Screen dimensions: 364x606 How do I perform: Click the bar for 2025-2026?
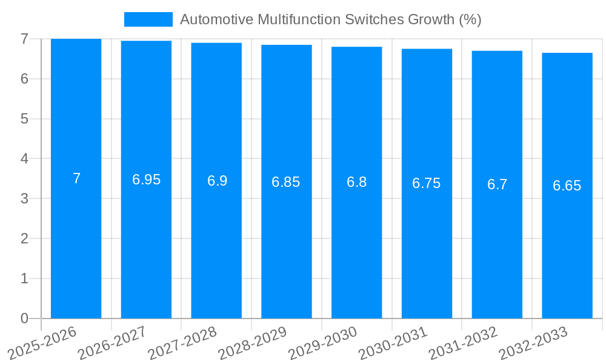pyautogui.click(x=76, y=243)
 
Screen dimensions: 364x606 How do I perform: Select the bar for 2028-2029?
pyautogui.click(x=287, y=243)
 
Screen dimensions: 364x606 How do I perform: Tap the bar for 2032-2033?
pyautogui.click(x=567, y=243)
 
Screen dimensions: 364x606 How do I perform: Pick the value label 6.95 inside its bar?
pyautogui.click(x=147, y=180)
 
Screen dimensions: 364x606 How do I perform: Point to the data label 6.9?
pyautogui.click(x=217, y=181)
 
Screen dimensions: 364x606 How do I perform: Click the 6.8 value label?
pyautogui.click(x=356, y=182)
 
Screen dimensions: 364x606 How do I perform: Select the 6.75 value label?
pyautogui.click(x=427, y=183)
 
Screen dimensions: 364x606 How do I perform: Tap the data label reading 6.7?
pyautogui.click(x=497, y=184)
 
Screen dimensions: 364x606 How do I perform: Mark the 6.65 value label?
pyautogui.click(x=567, y=186)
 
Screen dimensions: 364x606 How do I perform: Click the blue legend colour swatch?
pyautogui.click(x=148, y=19)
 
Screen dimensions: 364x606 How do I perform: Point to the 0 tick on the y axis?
pyautogui.click(x=24, y=318)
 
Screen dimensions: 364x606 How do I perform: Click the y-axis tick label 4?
pyautogui.click(x=24, y=159)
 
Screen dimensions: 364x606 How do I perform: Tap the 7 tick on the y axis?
pyautogui.click(x=24, y=39)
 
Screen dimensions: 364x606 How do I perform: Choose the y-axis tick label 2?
pyautogui.click(x=24, y=238)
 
